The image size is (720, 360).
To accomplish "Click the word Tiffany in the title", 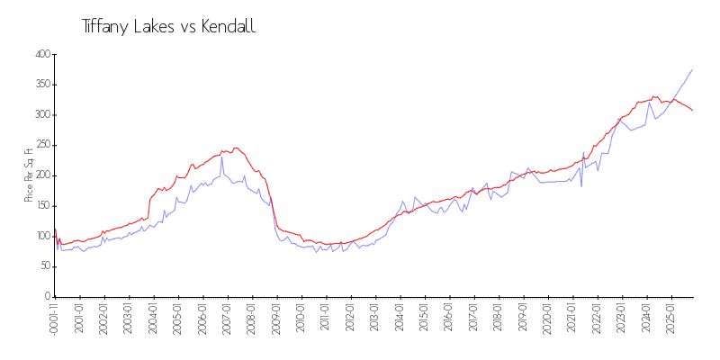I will click(x=105, y=27).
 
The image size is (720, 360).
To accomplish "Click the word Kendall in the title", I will click(x=228, y=27).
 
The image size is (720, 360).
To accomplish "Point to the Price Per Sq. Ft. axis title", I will click(x=29, y=175).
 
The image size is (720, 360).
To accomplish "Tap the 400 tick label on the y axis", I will click(x=41, y=55).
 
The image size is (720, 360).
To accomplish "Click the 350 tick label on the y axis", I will click(x=41, y=85).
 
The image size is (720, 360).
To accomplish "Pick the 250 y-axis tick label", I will click(x=41, y=146).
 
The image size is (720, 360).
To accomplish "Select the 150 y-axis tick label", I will click(x=41, y=206).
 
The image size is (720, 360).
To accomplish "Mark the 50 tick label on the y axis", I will click(x=43, y=266).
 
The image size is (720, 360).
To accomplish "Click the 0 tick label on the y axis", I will click(x=46, y=297).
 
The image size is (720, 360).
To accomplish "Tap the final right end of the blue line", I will click(x=692, y=69).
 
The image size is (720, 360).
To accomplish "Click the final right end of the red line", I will click(x=692, y=110).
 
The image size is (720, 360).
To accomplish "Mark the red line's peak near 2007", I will click(x=236, y=148).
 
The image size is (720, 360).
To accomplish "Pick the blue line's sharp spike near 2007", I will click(x=222, y=157).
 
